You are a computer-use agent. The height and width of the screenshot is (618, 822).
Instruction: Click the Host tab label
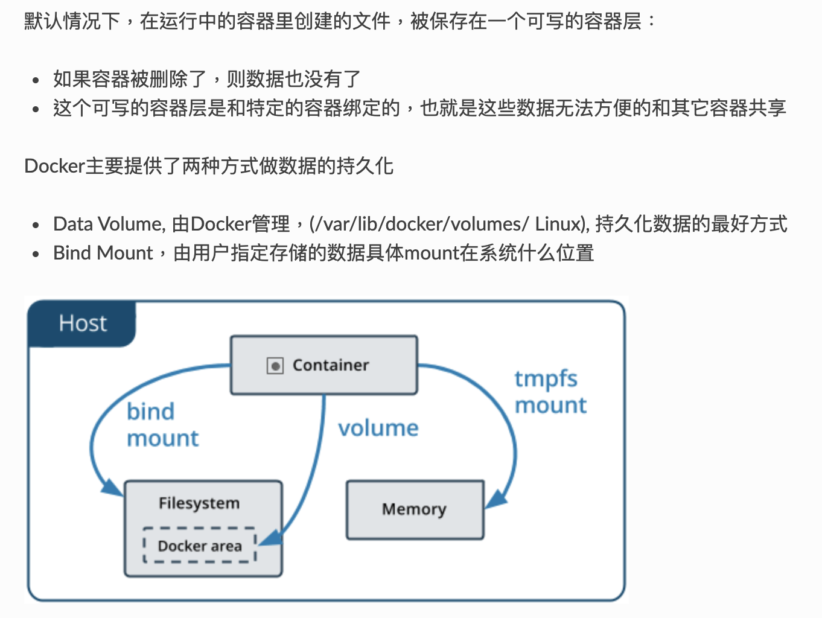[x=83, y=323]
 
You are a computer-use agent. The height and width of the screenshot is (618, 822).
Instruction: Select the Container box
[x=324, y=365]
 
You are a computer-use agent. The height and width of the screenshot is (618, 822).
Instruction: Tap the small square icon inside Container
[x=275, y=366]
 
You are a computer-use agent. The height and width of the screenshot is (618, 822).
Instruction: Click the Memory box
[x=415, y=509]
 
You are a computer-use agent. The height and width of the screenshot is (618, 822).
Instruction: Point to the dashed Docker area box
[x=199, y=546]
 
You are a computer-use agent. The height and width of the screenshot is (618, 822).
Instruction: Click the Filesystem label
[x=199, y=503]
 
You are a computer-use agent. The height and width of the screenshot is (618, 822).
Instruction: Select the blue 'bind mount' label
[x=162, y=424]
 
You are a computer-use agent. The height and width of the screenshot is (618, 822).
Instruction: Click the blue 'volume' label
[x=378, y=428]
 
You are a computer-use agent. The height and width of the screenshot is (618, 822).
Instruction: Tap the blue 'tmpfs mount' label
[x=550, y=392]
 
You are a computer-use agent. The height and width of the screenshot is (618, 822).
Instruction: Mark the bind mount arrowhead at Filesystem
[x=112, y=486]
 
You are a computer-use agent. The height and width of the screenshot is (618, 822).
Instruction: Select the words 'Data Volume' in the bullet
[x=108, y=224]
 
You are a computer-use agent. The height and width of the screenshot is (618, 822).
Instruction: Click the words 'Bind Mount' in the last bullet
[x=103, y=253]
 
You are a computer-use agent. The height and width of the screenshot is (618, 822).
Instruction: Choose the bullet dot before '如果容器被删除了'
[x=36, y=80]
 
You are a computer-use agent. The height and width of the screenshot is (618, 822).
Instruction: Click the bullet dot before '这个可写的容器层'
[x=36, y=109]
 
